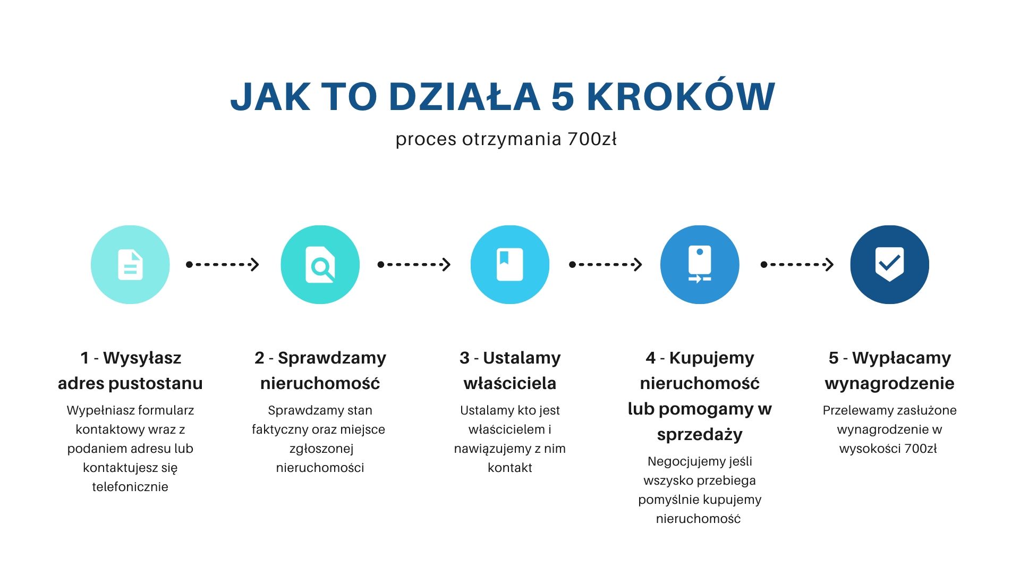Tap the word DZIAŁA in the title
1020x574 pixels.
[x=465, y=97]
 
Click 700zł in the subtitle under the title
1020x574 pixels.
[x=592, y=139]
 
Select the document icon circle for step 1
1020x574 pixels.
[x=130, y=265]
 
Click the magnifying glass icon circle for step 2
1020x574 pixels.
[x=320, y=265]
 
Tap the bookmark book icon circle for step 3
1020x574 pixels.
[x=510, y=265]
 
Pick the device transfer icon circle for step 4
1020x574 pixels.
[x=700, y=265]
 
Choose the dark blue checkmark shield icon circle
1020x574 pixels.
[x=890, y=265]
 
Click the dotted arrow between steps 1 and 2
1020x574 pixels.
[x=223, y=264]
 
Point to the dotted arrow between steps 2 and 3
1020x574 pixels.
[x=414, y=264]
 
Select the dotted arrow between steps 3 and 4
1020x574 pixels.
[x=606, y=264]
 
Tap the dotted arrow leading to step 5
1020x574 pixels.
[x=797, y=264]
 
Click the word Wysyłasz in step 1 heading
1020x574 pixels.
[x=142, y=358]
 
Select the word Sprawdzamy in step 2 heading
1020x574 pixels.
[x=332, y=358]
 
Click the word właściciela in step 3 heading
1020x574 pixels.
[x=510, y=383]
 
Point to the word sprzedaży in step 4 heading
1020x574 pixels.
[x=700, y=435]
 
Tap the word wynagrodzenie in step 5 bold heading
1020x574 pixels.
[x=890, y=384]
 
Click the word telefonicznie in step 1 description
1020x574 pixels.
[x=130, y=487]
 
